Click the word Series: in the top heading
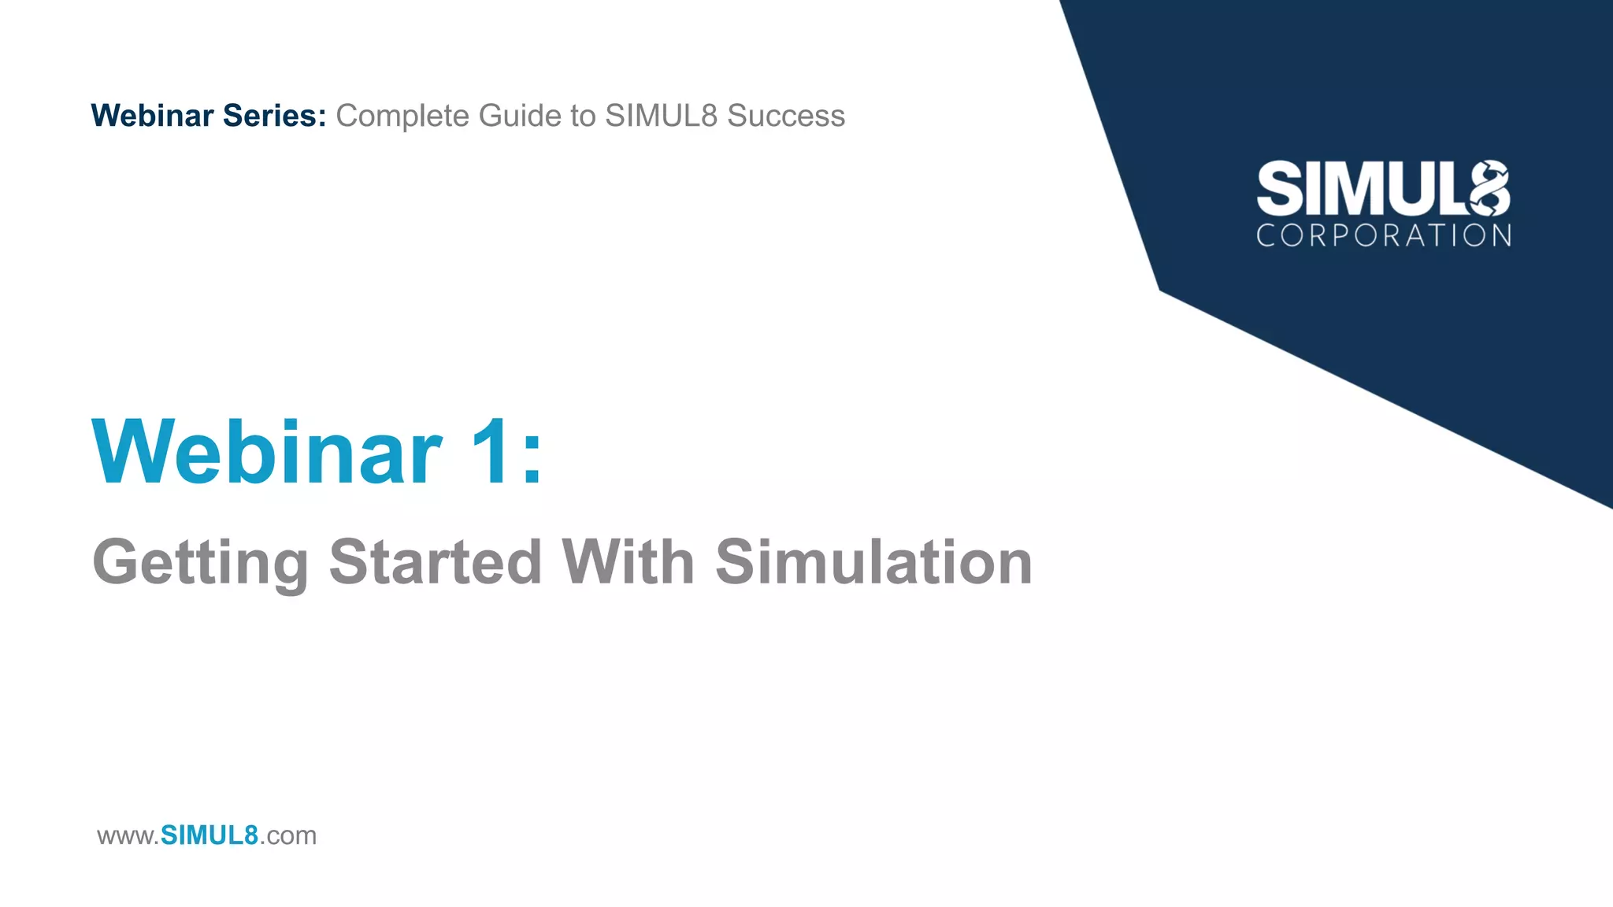[x=274, y=116]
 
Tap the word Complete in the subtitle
[x=402, y=116]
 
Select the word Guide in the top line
[x=520, y=116]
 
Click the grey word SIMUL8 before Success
[x=661, y=116]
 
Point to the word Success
[x=785, y=116]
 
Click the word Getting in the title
[x=201, y=563]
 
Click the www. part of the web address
[x=128, y=836]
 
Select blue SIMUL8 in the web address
[x=209, y=835]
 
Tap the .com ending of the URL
[x=287, y=836]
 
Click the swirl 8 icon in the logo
[x=1489, y=188]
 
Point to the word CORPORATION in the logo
[x=1383, y=235]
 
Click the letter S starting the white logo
[x=1279, y=189]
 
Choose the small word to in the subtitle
[x=583, y=116]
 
